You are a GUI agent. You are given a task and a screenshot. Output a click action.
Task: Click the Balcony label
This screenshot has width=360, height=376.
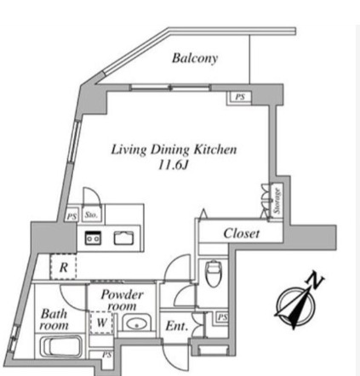pyautogui.click(x=195, y=58)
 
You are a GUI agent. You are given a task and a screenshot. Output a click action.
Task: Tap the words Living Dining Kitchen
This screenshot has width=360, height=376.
pyautogui.click(x=174, y=150)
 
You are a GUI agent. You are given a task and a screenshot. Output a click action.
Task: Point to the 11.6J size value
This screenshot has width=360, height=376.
pyautogui.click(x=174, y=165)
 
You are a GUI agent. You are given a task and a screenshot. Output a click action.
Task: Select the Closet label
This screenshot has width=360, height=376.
pyautogui.click(x=241, y=233)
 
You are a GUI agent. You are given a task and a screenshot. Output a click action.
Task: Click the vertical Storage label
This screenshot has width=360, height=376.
pyautogui.click(x=277, y=201)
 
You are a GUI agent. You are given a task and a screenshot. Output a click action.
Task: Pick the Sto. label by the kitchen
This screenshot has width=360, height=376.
pyautogui.click(x=91, y=215)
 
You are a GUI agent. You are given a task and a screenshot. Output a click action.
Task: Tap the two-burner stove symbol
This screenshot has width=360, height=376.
pyautogui.click(x=94, y=237)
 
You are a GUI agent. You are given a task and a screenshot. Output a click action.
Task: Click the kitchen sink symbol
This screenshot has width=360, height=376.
pyautogui.click(x=123, y=238)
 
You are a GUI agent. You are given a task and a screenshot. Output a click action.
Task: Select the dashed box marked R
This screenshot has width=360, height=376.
pyautogui.click(x=63, y=266)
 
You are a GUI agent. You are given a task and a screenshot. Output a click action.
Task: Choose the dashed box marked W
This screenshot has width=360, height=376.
pyautogui.click(x=101, y=322)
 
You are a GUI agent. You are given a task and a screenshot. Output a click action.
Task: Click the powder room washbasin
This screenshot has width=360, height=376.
pyautogui.click(x=137, y=323)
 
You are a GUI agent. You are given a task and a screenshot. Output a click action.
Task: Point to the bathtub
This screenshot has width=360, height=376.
pyautogui.click(x=60, y=346)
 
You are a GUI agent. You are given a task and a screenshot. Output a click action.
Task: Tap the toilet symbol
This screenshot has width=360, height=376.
pyautogui.click(x=214, y=273)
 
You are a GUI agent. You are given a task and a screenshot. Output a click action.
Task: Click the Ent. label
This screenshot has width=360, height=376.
pyautogui.click(x=177, y=326)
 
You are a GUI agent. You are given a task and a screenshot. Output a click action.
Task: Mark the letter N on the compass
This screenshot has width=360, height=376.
pyautogui.click(x=316, y=279)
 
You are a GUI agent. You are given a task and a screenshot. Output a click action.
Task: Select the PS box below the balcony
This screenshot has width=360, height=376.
pyautogui.click(x=240, y=97)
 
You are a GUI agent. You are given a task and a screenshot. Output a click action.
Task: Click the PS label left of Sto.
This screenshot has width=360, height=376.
pyautogui.click(x=71, y=217)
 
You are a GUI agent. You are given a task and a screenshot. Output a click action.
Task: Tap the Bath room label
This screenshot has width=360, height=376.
pyautogui.click(x=54, y=320)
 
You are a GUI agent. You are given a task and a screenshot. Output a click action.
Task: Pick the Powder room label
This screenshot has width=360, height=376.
pyautogui.click(x=122, y=300)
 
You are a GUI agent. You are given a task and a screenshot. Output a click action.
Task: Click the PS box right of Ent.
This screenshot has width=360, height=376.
pyautogui.click(x=222, y=317)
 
